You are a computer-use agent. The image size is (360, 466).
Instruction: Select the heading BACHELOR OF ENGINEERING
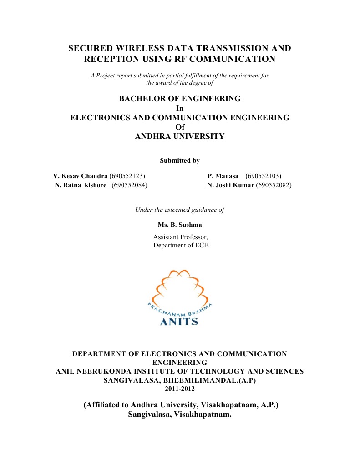tap(180, 98)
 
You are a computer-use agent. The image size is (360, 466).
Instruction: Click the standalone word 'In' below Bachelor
tap(180, 108)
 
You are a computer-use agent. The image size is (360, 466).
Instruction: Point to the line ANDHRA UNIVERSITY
tap(180, 136)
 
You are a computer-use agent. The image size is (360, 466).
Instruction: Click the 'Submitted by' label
tap(180, 160)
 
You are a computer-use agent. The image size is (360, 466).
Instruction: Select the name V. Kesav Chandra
tap(80, 176)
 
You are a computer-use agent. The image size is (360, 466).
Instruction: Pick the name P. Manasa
tap(223, 176)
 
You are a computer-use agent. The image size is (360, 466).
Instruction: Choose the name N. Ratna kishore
tap(81, 185)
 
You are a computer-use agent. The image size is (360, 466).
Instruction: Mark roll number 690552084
tap(129, 185)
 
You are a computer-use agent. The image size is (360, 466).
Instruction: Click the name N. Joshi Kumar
tap(230, 185)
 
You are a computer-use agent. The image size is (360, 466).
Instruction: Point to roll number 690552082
tap(274, 185)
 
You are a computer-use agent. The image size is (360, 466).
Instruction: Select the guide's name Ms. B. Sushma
tap(180, 225)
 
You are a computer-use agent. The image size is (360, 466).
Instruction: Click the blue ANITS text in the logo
tap(179, 322)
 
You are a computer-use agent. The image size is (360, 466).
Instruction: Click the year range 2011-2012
tap(180, 389)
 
